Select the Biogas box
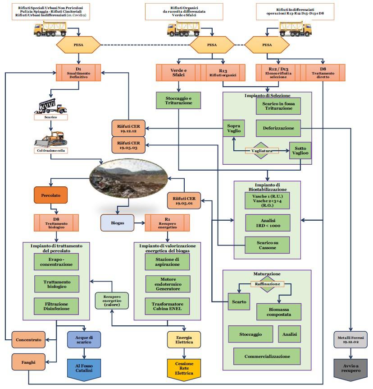(118, 222)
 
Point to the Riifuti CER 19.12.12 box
(129, 128)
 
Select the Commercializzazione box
(267, 356)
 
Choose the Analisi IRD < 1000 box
(267, 222)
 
